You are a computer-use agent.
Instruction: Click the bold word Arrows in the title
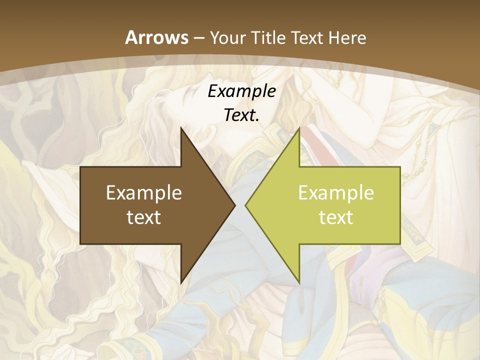(x=157, y=37)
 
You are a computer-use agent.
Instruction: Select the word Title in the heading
(x=267, y=37)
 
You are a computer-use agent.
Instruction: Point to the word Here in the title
(x=347, y=37)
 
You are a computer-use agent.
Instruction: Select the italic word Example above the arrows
(x=242, y=91)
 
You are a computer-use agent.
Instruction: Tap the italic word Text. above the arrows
(x=242, y=115)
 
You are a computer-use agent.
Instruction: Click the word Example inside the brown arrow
(x=144, y=192)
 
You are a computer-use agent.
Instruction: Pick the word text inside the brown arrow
(x=144, y=216)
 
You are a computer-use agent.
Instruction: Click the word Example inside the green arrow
(x=336, y=192)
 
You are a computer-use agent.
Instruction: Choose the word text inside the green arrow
(x=336, y=216)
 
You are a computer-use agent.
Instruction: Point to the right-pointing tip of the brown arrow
(x=235, y=205)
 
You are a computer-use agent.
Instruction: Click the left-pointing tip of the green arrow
(x=245, y=205)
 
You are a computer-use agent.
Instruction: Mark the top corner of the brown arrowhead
(x=181, y=128)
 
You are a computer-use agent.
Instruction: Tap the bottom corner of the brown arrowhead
(x=181, y=283)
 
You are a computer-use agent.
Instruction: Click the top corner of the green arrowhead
(x=299, y=128)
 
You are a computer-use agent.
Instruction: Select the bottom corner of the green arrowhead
(x=299, y=283)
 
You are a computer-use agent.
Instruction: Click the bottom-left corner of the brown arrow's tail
(x=80, y=244)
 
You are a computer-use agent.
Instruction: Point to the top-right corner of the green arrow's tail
(x=400, y=167)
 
